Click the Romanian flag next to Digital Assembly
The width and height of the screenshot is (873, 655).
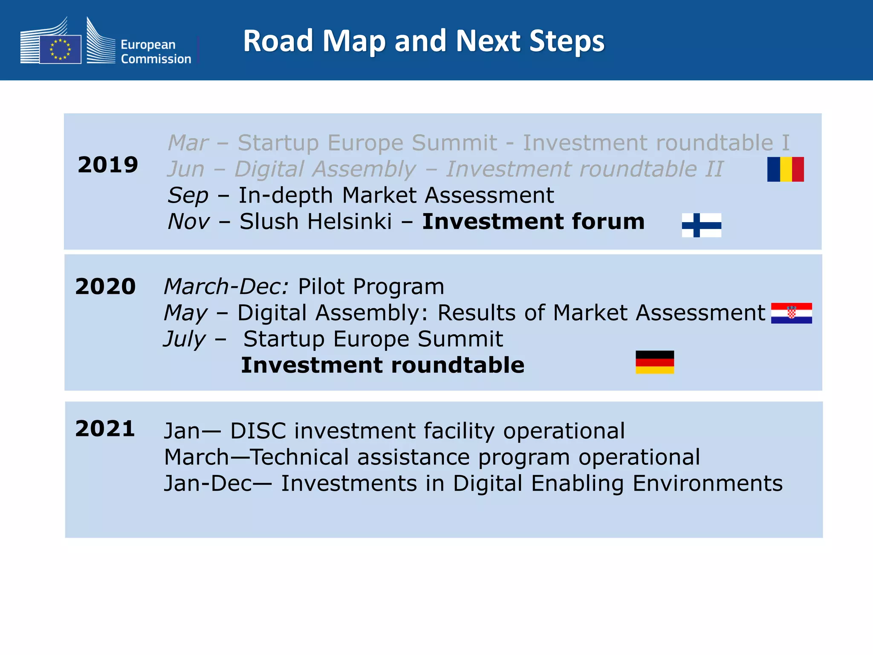(785, 169)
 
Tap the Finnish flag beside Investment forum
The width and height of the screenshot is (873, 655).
(701, 225)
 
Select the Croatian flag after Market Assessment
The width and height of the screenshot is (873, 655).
(791, 313)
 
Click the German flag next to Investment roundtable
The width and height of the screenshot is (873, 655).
(655, 362)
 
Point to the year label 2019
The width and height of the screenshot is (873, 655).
(108, 165)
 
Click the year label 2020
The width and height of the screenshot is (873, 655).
(105, 287)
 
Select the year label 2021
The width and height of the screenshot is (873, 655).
(105, 429)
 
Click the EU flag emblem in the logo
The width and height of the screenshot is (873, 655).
(60, 49)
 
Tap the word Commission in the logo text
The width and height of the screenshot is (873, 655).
(156, 59)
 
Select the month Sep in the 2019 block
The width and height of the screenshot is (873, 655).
(188, 196)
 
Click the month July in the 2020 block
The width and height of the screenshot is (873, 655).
(185, 339)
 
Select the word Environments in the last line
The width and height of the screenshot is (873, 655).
(707, 484)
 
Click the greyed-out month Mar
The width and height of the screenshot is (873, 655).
(188, 143)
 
